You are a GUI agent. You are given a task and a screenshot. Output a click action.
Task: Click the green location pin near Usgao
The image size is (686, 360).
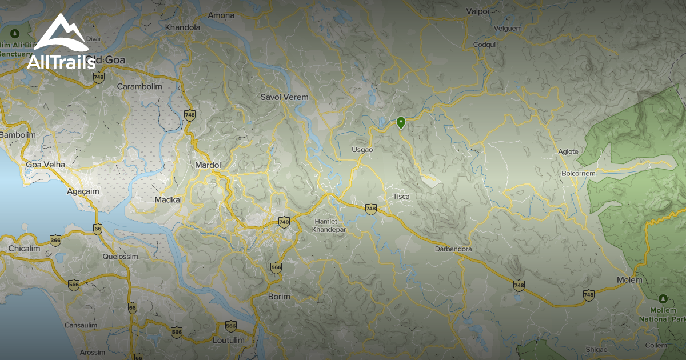click(401, 122)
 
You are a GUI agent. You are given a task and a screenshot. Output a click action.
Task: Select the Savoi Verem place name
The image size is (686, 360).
click(284, 97)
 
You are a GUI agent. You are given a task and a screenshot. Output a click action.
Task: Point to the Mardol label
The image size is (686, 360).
click(208, 165)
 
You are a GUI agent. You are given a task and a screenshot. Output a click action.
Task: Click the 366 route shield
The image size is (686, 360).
click(55, 240)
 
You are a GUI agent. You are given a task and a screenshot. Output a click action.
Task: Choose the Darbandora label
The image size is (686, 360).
click(453, 249)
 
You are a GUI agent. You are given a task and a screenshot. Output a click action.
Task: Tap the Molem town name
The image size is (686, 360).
click(629, 280)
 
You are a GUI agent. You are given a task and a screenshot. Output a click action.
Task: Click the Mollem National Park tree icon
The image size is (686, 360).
click(663, 299)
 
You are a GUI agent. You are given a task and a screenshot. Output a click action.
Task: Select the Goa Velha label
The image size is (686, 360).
click(46, 165)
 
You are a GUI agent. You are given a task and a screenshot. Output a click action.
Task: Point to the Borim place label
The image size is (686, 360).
click(279, 297)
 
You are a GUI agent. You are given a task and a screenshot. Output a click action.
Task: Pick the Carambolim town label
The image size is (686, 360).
click(139, 86)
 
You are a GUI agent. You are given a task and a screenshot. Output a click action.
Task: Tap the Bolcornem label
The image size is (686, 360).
click(579, 173)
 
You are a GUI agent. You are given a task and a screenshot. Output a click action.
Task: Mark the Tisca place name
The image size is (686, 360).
click(401, 197)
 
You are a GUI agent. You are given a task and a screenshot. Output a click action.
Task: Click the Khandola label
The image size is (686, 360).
click(182, 27)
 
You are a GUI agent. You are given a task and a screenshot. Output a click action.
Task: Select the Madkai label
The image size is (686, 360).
click(168, 199)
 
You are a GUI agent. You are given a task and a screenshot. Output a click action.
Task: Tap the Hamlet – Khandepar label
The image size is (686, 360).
click(328, 225)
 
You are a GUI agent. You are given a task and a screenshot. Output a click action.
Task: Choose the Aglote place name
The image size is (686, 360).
click(568, 151)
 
